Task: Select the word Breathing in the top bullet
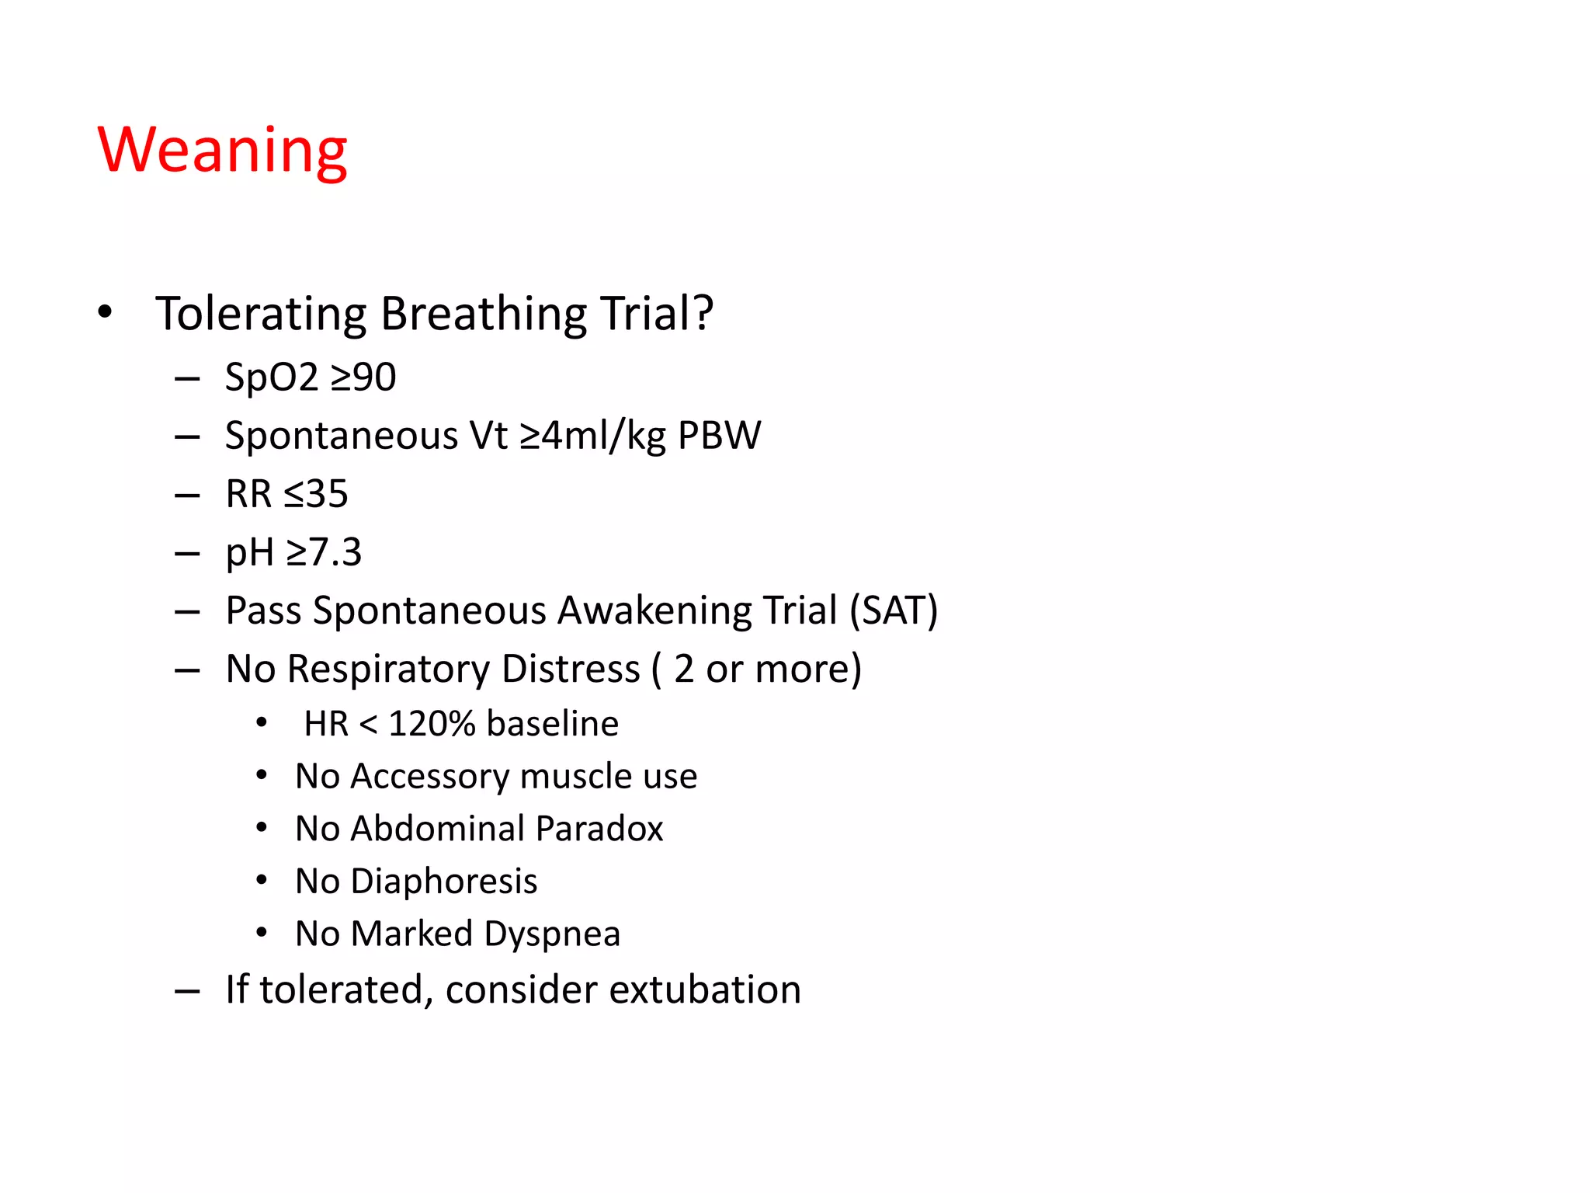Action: [x=483, y=315]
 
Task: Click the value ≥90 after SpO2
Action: [x=363, y=377]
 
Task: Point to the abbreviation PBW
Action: [x=719, y=435]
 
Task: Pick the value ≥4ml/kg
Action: [x=592, y=435]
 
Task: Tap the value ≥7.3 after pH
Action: [x=324, y=552]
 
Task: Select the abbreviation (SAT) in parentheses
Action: [x=894, y=610]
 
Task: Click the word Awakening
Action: [x=654, y=610]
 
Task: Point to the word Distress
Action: [x=571, y=669]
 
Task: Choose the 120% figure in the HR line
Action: [x=432, y=724]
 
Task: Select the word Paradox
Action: [x=599, y=829]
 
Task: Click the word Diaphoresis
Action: [x=443, y=882]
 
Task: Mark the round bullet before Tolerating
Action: [x=105, y=312]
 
